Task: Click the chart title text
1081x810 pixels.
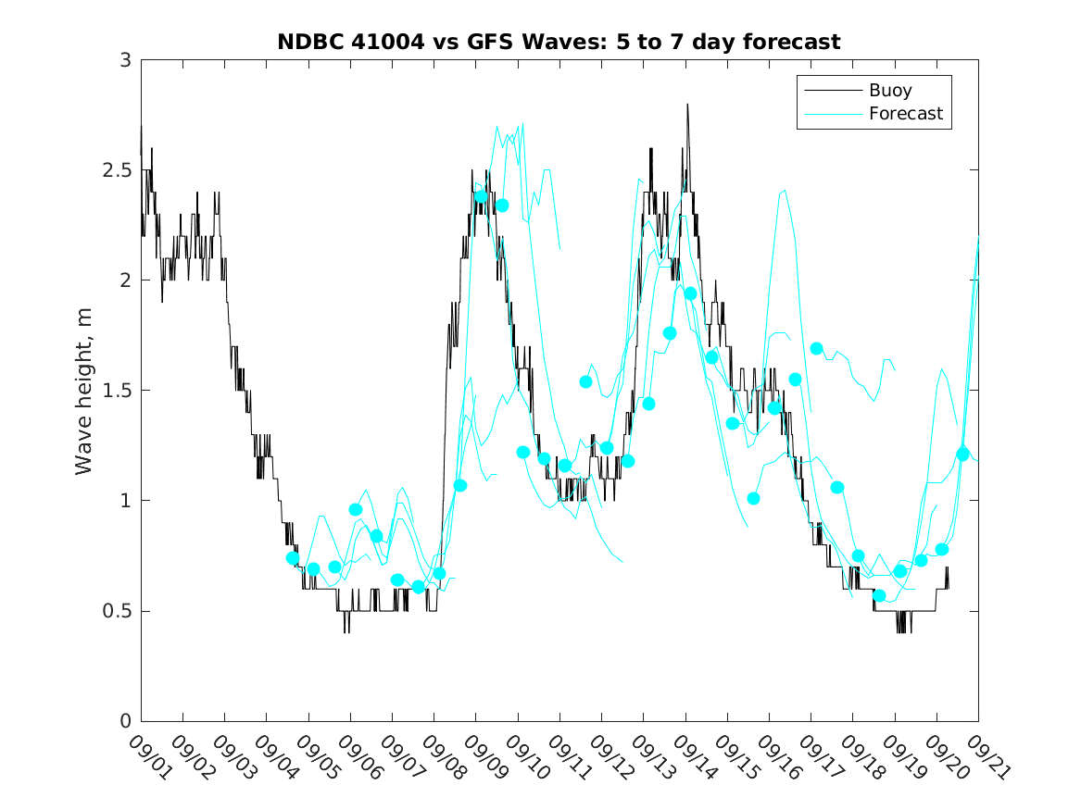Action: click(x=559, y=42)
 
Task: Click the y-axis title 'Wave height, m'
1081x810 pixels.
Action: click(x=84, y=391)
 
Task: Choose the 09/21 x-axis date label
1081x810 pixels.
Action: click(x=987, y=757)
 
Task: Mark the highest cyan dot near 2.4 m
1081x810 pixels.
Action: click(x=481, y=196)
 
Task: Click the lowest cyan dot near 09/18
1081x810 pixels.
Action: click(x=879, y=595)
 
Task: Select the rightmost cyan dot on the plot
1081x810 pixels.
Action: click(x=962, y=455)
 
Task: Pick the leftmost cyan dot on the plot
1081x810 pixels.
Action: click(x=293, y=557)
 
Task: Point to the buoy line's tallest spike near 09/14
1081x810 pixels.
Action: click(x=687, y=105)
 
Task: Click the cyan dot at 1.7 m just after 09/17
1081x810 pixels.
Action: click(x=816, y=348)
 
